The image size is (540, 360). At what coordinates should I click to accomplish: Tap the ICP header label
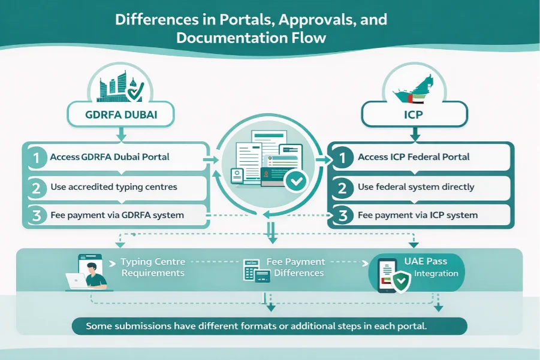(415, 114)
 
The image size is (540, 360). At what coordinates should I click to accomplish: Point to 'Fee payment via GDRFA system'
(117, 214)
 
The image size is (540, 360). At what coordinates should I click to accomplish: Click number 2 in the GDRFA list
(37, 187)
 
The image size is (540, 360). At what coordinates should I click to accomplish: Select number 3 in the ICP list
(343, 214)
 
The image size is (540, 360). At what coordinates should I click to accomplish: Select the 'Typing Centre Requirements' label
(152, 267)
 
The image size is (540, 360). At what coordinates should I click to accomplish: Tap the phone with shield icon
(392, 276)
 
